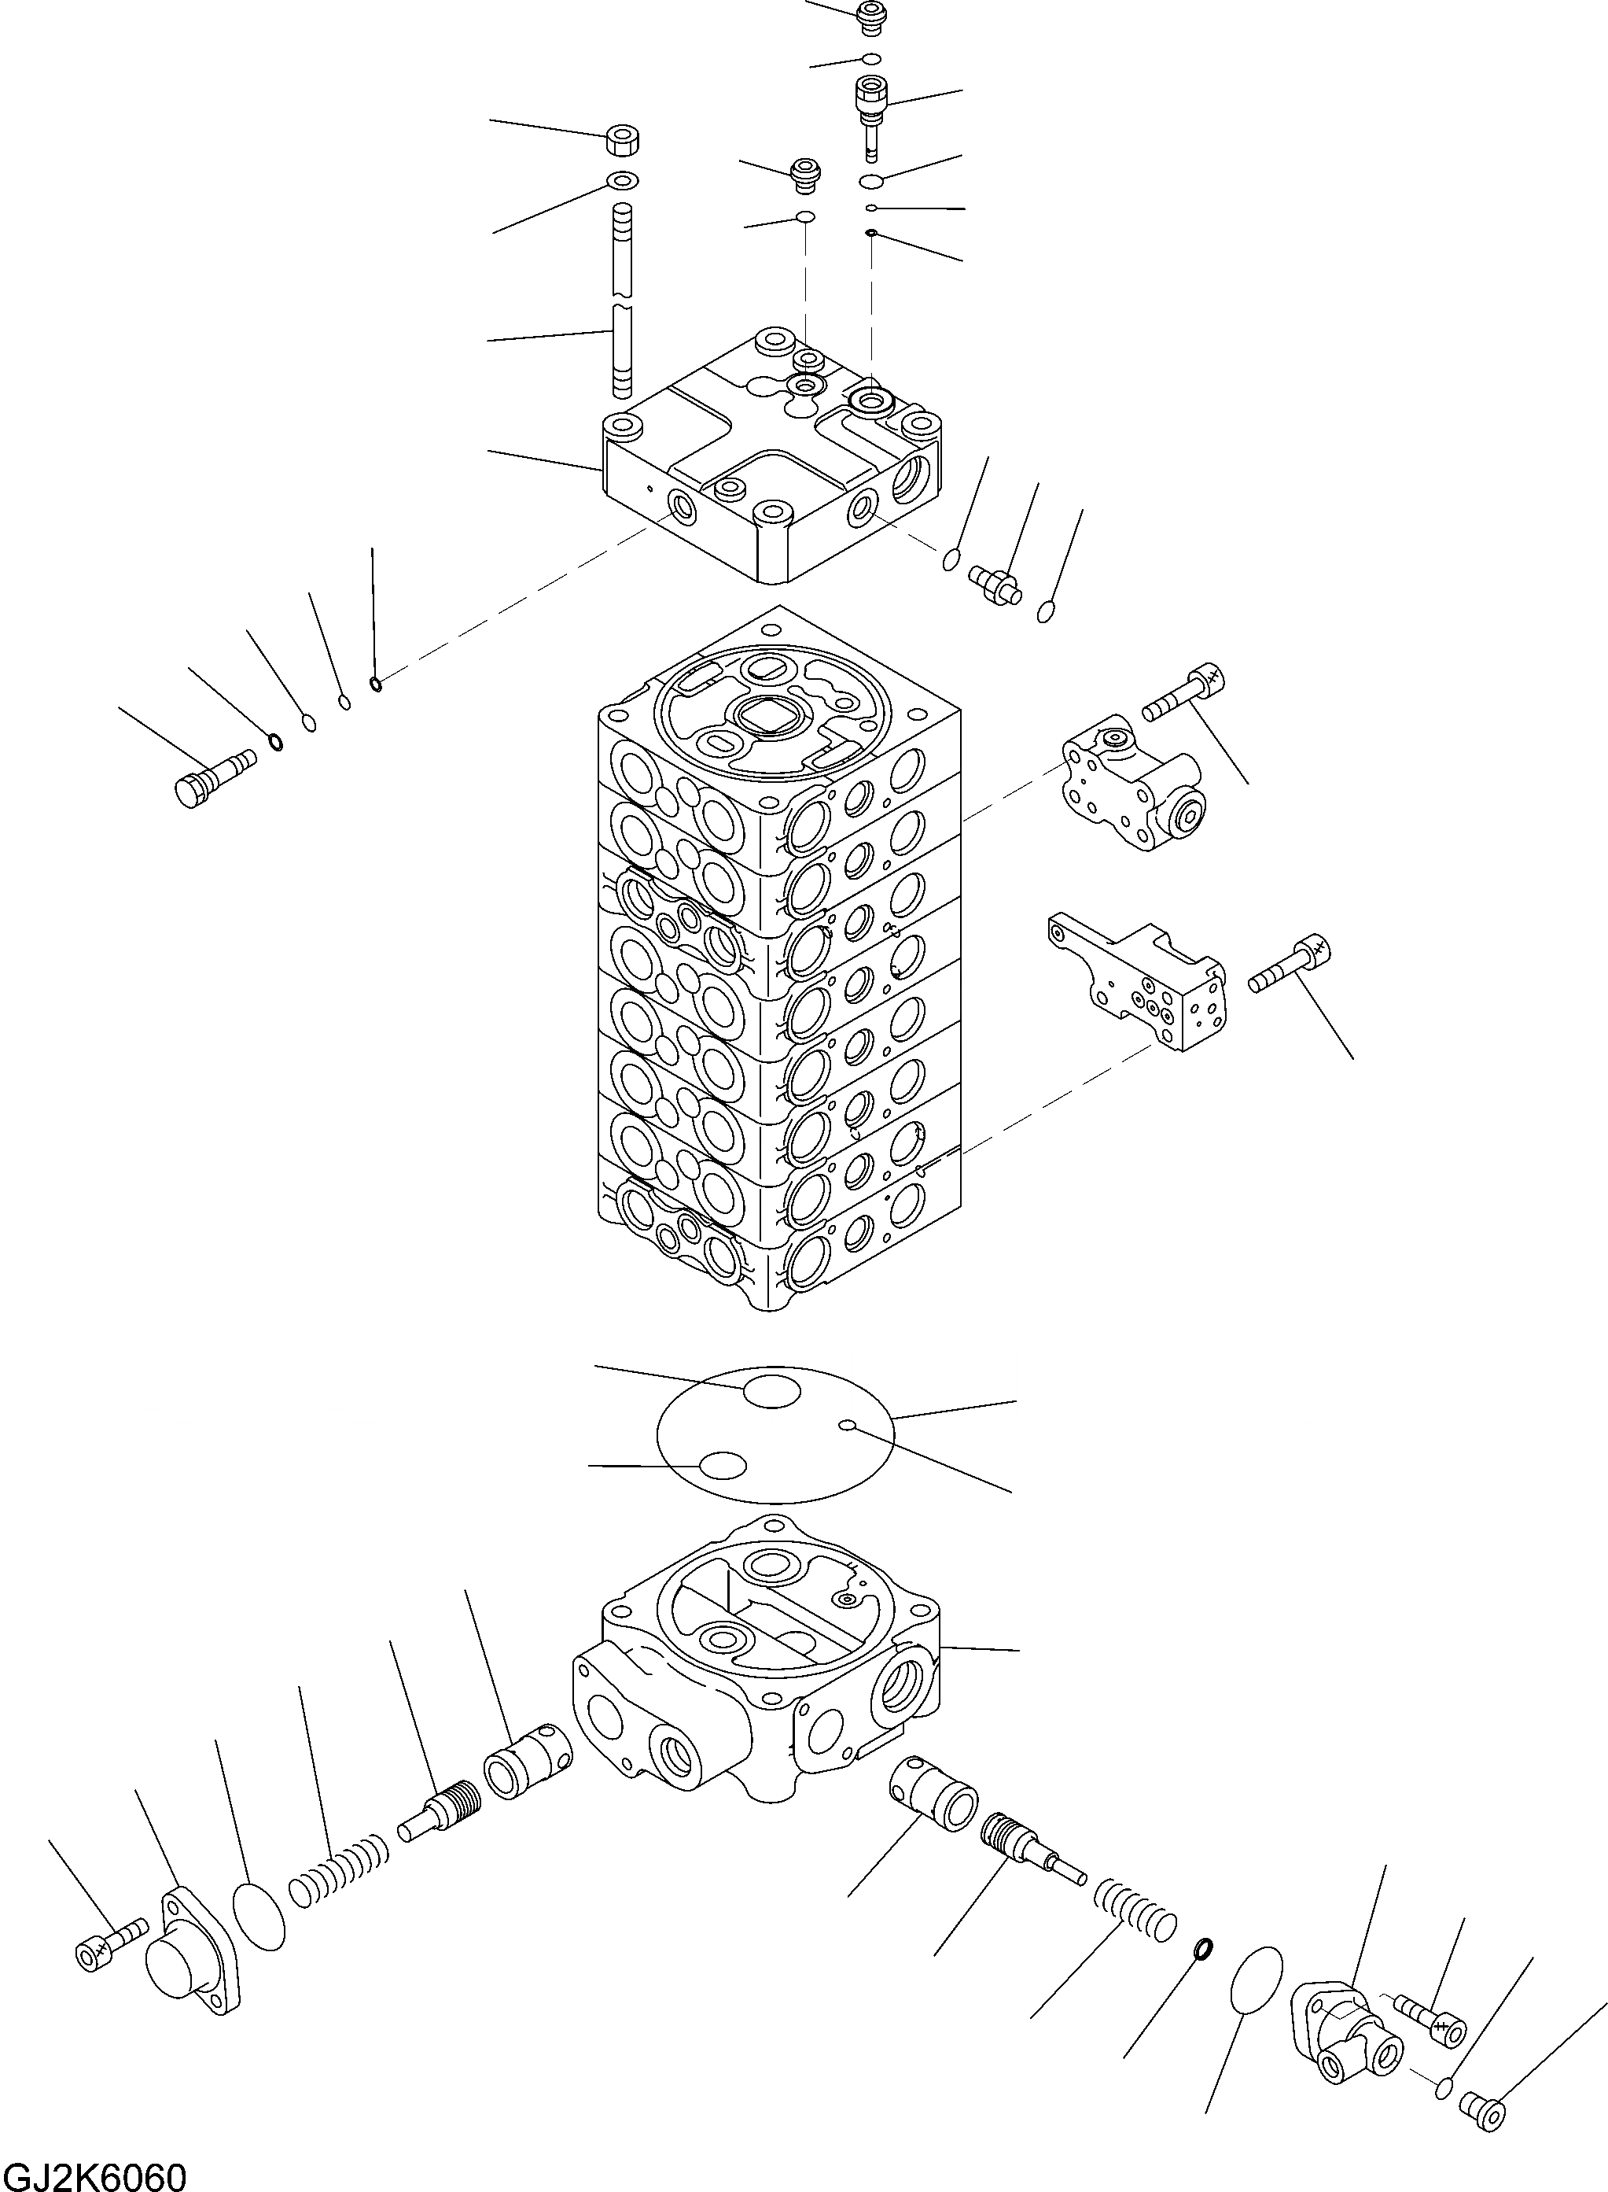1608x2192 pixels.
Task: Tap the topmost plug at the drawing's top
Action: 869,17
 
